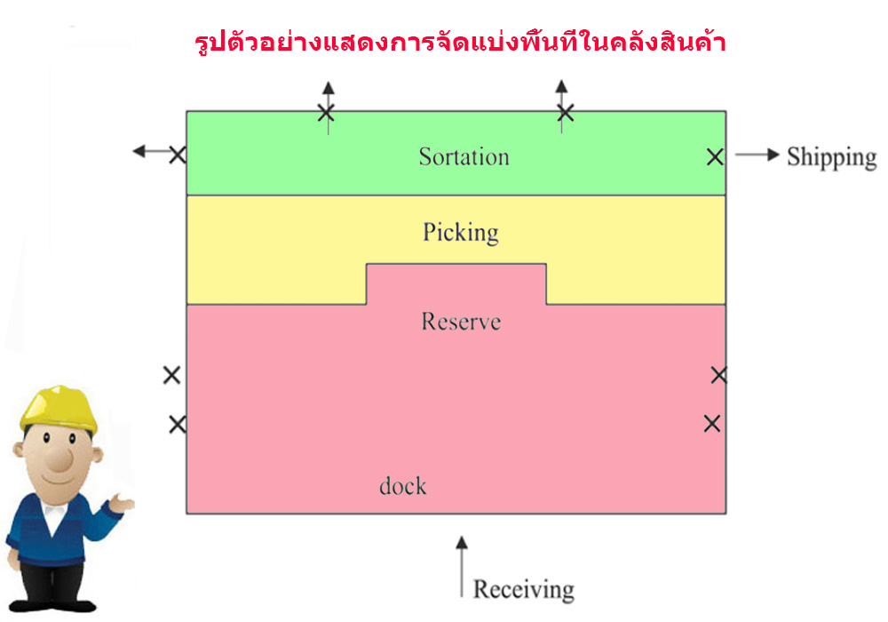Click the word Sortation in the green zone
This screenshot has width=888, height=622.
(464, 156)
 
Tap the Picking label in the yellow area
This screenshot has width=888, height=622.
(461, 232)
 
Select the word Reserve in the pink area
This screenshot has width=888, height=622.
(461, 322)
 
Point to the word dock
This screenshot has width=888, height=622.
(402, 485)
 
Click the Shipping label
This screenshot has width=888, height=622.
(832, 157)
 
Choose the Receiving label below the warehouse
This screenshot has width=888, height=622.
(524, 590)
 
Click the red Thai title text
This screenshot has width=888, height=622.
(460, 43)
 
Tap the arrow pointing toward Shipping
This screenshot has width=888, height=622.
(757, 155)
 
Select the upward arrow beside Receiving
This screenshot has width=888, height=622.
(462, 567)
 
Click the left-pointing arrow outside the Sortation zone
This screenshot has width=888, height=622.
(152, 151)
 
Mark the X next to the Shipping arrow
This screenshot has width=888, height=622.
(715, 157)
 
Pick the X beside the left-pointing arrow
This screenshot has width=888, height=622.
(178, 155)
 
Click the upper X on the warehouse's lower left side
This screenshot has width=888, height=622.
(171, 375)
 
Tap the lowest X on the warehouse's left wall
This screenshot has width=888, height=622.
(178, 425)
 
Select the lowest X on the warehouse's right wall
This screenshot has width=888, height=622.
(712, 424)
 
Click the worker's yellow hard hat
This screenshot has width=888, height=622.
(58, 408)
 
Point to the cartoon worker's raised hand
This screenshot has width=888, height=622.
(121, 503)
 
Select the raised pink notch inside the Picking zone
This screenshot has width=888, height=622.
(456, 283)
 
